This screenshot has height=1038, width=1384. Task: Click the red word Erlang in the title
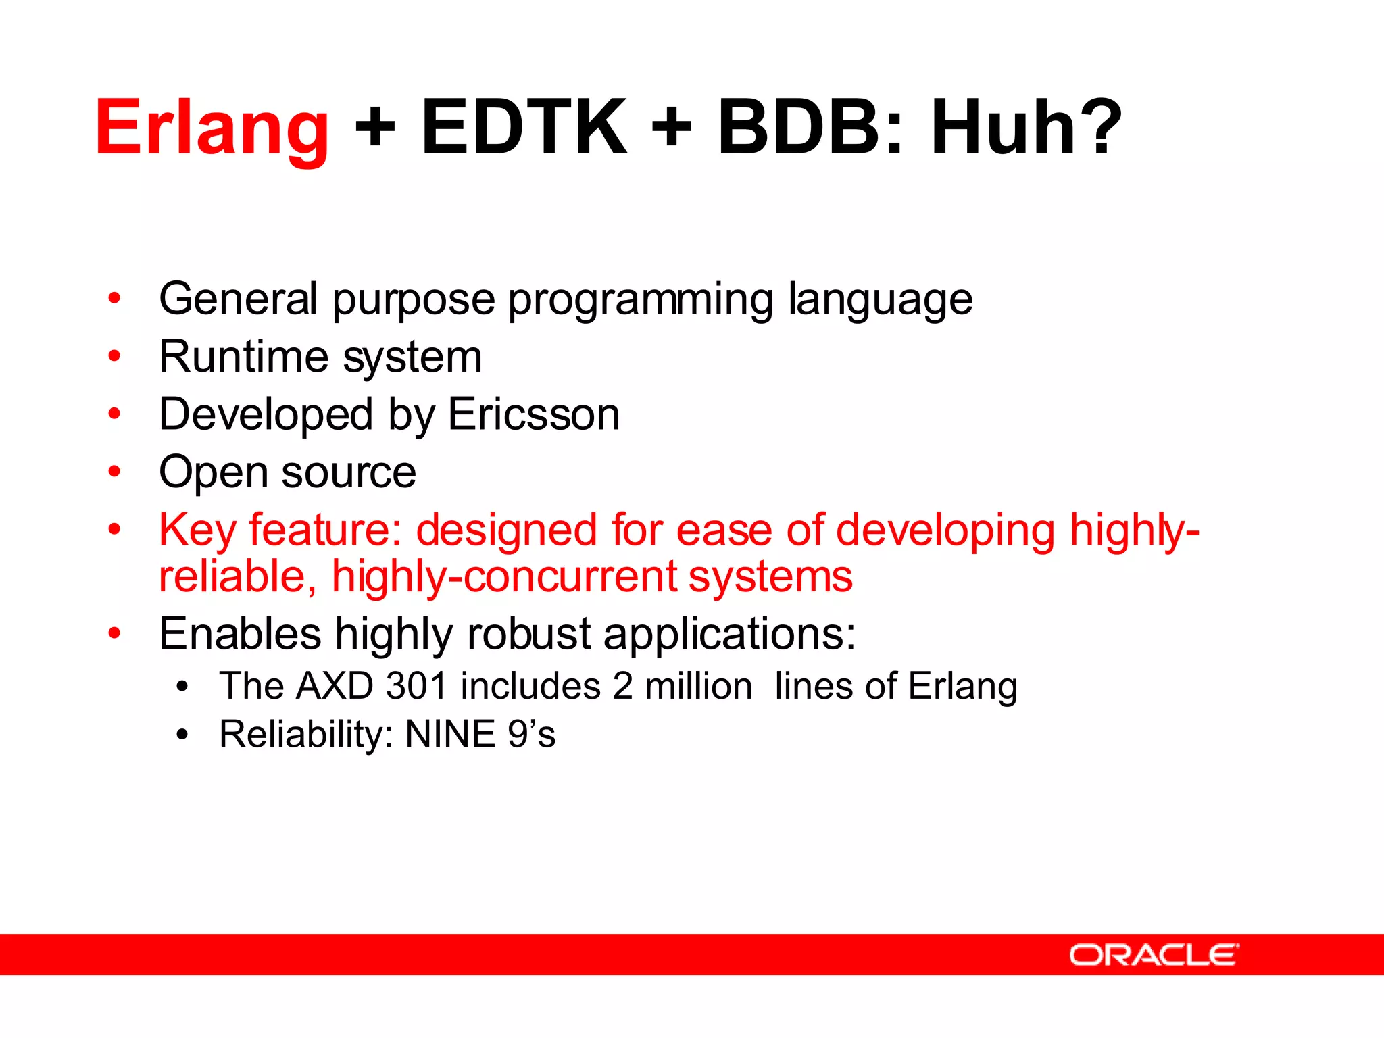212,128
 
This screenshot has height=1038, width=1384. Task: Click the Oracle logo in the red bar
1154,955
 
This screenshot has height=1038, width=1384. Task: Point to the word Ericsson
533,414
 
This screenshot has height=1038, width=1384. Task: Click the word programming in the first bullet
640,299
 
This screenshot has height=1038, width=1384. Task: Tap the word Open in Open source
213,472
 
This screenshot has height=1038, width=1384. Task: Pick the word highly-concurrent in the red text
503,577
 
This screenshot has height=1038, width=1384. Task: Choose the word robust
528,635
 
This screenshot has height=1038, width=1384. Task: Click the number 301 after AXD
416,686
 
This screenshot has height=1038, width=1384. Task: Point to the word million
698,686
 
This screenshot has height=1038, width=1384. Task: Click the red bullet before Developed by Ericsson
115,414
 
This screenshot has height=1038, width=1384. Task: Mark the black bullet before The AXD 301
182,687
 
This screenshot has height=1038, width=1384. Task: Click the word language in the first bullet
880,299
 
